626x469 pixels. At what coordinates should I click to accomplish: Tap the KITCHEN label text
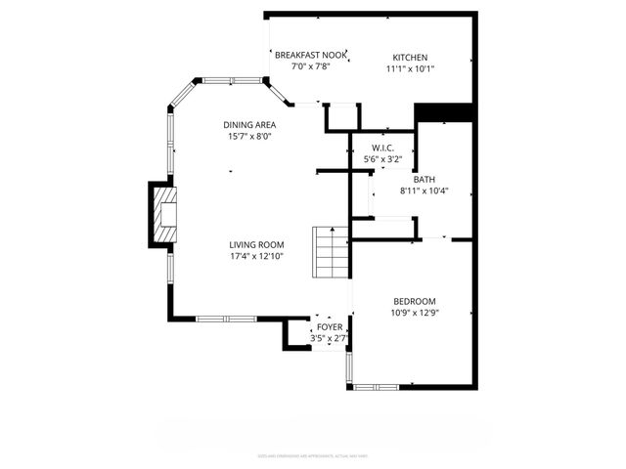[x=410, y=58]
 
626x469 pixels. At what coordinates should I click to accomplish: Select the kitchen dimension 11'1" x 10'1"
[x=410, y=69]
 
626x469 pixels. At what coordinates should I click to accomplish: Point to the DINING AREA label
[x=249, y=125]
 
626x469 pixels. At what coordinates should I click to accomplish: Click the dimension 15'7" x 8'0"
[x=249, y=137]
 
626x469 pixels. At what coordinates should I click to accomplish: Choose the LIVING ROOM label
[x=256, y=245]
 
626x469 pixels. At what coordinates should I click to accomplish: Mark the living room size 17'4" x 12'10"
[x=256, y=257]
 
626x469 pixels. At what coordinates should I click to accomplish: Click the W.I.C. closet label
[x=382, y=148]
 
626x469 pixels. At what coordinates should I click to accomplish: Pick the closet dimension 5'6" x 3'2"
[x=382, y=158]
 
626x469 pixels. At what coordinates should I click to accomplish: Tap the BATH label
[x=424, y=179]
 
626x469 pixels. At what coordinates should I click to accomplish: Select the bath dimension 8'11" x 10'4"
[x=424, y=191]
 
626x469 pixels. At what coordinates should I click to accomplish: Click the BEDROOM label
[x=415, y=301]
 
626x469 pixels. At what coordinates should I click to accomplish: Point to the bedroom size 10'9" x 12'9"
[x=415, y=313]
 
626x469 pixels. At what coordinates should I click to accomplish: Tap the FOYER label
[x=329, y=327]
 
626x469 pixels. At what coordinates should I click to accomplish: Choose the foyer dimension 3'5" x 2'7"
[x=329, y=338]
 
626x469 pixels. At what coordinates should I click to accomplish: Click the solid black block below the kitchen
[x=444, y=113]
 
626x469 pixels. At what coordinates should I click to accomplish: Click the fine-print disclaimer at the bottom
[x=313, y=456]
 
